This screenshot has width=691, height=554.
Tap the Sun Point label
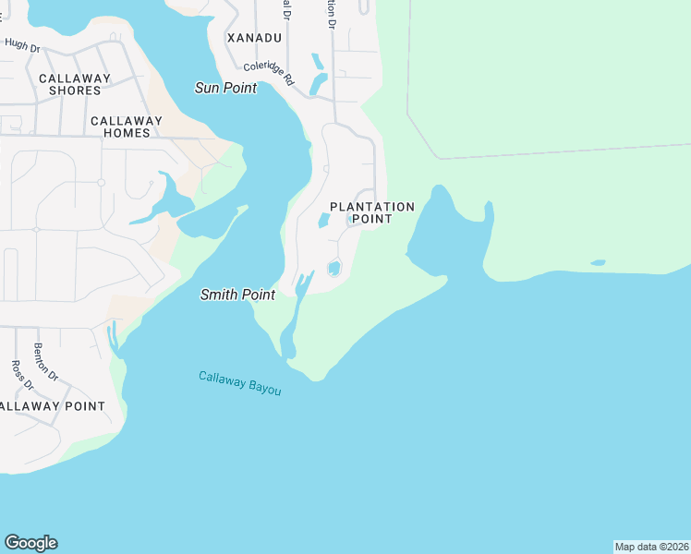point(225,88)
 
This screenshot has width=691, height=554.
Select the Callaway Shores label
point(75,84)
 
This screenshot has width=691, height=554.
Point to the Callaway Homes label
point(126,126)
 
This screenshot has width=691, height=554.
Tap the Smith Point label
point(237,295)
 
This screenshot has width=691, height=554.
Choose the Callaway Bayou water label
point(239,383)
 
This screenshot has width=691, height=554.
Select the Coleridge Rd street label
point(269,74)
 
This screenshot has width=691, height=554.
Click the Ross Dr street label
point(18,374)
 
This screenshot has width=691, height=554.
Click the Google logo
point(30,543)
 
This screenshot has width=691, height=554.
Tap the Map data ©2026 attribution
point(651,547)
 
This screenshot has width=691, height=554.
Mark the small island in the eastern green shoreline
point(598,263)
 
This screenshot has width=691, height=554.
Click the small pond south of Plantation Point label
point(333,268)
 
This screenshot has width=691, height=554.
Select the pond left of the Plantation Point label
point(323,220)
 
